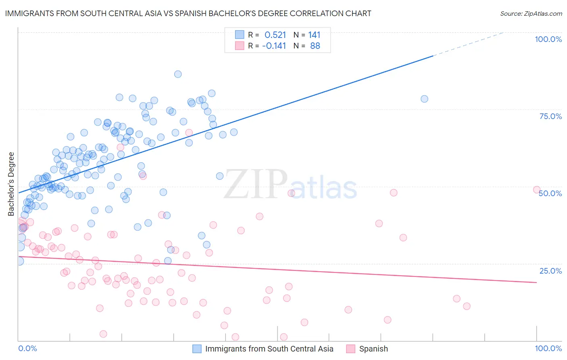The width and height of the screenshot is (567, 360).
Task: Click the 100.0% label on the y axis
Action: coord(548,39)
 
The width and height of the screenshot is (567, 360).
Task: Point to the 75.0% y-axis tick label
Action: coord(550,116)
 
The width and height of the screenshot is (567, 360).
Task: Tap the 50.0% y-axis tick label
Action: coord(550,193)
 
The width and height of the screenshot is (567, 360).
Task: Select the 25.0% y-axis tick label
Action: coord(550,270)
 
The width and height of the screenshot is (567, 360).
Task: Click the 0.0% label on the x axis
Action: coord(27,348)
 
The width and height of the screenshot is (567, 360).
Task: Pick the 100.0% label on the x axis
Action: coord(548,348)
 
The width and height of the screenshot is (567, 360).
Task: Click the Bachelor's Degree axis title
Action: coord(11,184)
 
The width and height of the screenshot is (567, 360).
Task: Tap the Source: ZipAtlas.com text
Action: coord(531,13)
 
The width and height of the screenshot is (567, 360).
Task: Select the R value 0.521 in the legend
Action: coord(275,35)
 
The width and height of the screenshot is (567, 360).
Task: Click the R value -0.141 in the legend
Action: coord(274,46)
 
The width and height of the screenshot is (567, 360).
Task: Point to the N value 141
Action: coord(314,35)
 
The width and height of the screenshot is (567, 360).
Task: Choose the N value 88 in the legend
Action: coord(315,46)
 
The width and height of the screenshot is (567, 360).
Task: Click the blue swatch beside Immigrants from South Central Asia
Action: coord(197,349)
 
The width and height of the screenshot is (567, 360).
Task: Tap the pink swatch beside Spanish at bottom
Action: coord(351,349)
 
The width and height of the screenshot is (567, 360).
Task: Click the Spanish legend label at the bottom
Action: coord(373,349)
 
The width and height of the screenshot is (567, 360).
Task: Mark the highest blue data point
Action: coord(178,74)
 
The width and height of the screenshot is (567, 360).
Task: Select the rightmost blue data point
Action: coord(424,99)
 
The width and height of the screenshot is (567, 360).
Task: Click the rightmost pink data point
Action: coord(536,190)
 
